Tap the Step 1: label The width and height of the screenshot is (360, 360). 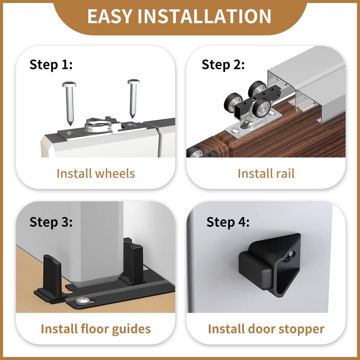[51, 64]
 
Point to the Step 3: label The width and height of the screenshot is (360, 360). [51, 222]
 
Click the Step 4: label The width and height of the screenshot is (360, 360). [228, 222]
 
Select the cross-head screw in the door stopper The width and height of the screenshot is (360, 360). [289, 257]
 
